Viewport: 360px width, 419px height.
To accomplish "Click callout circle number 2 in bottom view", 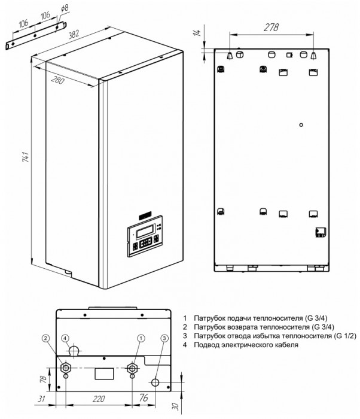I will (x=45, y=338).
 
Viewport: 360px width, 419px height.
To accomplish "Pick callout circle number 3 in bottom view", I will (x=165, y=338).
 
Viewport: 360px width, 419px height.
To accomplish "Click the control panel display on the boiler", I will (x=146, y=229).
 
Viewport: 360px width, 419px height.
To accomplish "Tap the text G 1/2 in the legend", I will (x=321, y=336).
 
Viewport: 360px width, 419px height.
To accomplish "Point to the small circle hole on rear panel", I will (x=301, y=125).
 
